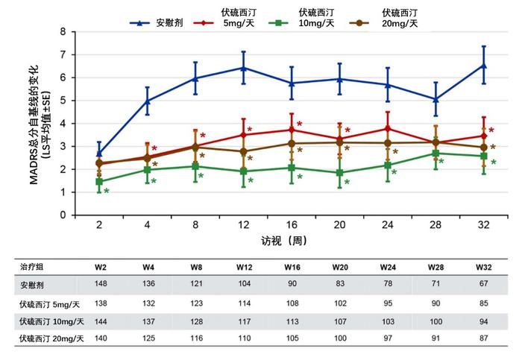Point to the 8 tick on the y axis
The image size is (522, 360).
pyautogui.click(x=63, y=31)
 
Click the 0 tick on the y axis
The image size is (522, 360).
pyautogui.click(x=63, y=215)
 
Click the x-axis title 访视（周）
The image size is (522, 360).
pyautogui.click(x=283, y=241)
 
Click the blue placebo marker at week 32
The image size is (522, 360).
pyautogui.click(x=484, y=66)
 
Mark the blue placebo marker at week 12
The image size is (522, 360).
pyautogui.click(x=244, y=68)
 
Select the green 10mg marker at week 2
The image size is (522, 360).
pyautogui.click(x=99, y=182)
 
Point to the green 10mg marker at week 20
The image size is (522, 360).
pyautogui.click(x=340, y=173)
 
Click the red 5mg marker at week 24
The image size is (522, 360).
pyautogui.click(x=388, y=128)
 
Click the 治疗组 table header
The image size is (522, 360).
pyautogui.click(x=31, y=267)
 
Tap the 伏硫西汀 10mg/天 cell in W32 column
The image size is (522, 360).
pyautogui.click(x=484, y=320)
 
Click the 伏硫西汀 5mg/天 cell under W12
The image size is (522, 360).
pyautogui.click(x=245, y=303)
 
